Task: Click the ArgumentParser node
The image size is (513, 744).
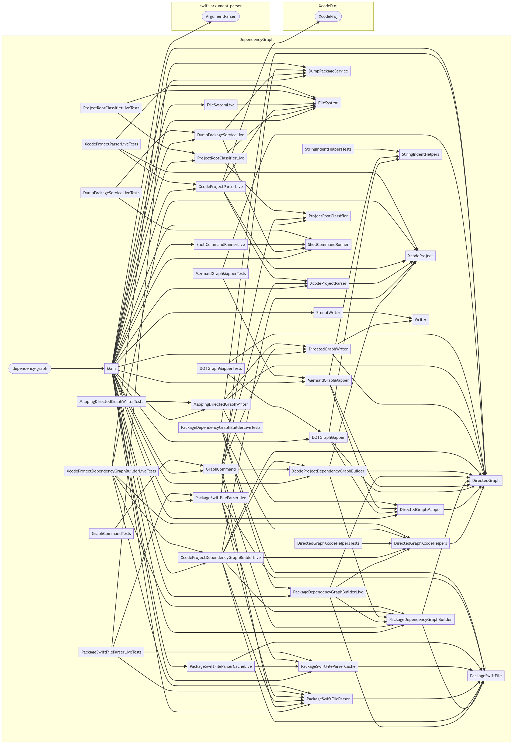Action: (x=220, y=16)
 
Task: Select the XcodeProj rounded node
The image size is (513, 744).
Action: (x=328, y=16)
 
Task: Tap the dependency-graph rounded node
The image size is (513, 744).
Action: (x=30, y=368)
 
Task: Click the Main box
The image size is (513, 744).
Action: (x=111, y=368)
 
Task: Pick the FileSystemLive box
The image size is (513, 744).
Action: (x=220, y=105)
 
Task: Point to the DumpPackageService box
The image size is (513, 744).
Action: (x=328, y=71)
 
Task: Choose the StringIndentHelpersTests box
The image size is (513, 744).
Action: (x=328, y=149)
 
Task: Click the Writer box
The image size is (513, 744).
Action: (x=420, y=319)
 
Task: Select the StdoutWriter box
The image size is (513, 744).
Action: (x=328, y=312)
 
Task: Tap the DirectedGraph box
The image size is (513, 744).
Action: (x=485, y=481)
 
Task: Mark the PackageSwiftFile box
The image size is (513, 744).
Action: (x=485, y=676)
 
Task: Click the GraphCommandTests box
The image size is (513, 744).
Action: (x=111, y=534)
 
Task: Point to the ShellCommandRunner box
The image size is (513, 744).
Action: (x=328, y=244)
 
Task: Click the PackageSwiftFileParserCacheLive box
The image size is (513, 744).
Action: (x=220, y=666)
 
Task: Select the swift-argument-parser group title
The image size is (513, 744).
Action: (x=220, y=6)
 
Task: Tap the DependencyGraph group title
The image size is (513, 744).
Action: (x=256, y=40)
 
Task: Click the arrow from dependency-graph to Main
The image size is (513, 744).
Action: (x=77, y=368)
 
